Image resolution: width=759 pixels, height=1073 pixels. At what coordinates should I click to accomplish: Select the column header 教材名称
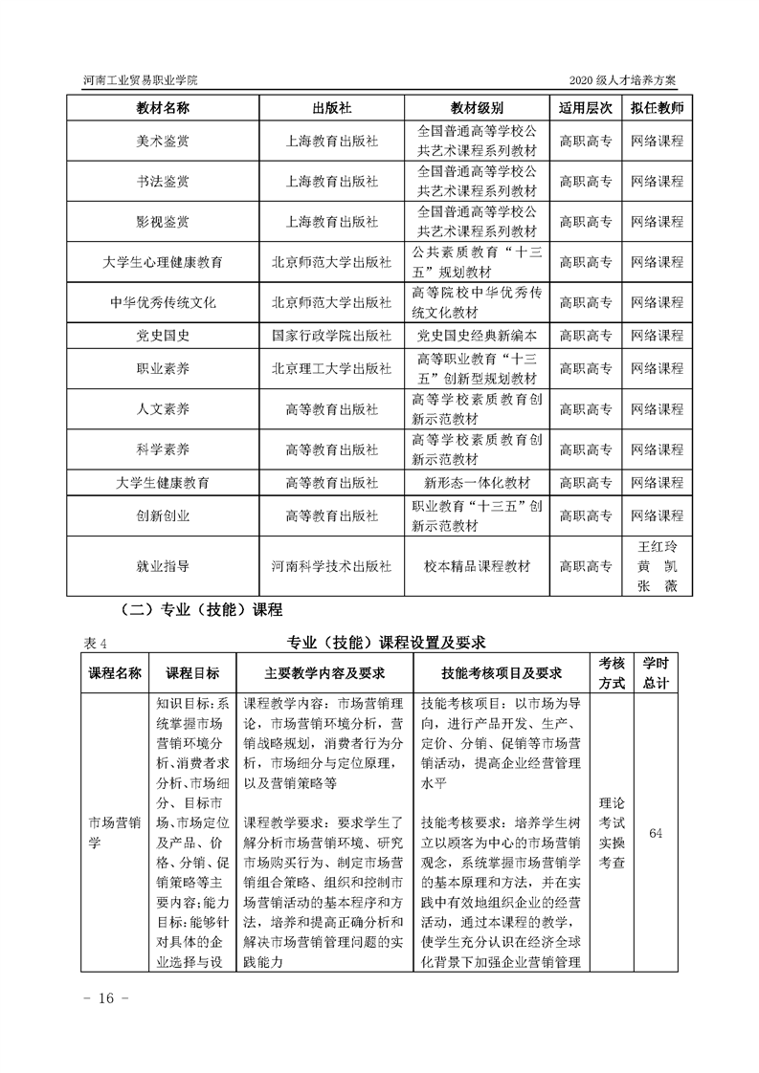(163, 107)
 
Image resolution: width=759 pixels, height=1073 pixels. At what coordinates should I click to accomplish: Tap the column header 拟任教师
(658, 107)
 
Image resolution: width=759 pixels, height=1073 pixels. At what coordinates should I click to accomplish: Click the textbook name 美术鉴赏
(163, 141)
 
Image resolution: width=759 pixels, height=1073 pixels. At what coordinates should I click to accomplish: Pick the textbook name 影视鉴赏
(163, 222)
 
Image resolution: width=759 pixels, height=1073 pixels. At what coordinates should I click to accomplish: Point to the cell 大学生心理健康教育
(163, 262)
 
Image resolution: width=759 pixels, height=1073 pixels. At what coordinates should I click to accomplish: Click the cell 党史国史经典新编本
(478, 336)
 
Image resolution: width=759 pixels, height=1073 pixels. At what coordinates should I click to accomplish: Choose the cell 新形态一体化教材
(478, 483)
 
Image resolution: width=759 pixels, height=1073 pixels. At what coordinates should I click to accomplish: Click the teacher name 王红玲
(658, 547)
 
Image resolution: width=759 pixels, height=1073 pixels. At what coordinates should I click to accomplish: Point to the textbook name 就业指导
(163, 566)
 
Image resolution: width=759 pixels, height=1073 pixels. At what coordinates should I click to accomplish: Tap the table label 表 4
(85, 641)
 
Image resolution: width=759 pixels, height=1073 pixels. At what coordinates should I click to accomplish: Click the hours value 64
(656, 833)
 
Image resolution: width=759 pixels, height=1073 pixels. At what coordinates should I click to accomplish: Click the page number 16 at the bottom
(100, 998)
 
